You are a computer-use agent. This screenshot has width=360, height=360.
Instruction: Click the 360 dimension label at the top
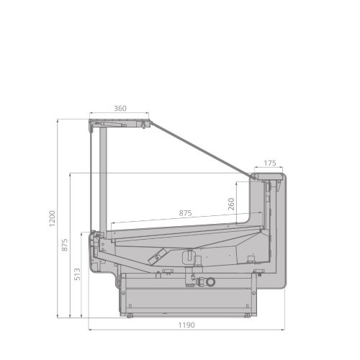click(120, 109)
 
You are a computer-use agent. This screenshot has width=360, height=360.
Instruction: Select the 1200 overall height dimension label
click(52, 218)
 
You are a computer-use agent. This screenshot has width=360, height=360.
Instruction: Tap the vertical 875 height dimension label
click(65, 245)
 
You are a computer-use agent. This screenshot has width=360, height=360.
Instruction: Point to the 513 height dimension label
click(77, 274)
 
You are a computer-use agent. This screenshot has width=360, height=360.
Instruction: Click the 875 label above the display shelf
click(185, 213)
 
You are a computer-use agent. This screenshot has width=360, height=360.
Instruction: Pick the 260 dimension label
click(231, 204)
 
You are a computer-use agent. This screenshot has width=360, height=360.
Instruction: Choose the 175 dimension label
click(270, 163)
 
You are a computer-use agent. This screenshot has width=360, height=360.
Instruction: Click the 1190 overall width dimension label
click(186, 325)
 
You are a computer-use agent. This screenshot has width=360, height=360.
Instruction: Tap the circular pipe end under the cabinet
click(210, 282)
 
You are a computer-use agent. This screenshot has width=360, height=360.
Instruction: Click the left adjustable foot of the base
click(130, 316)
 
